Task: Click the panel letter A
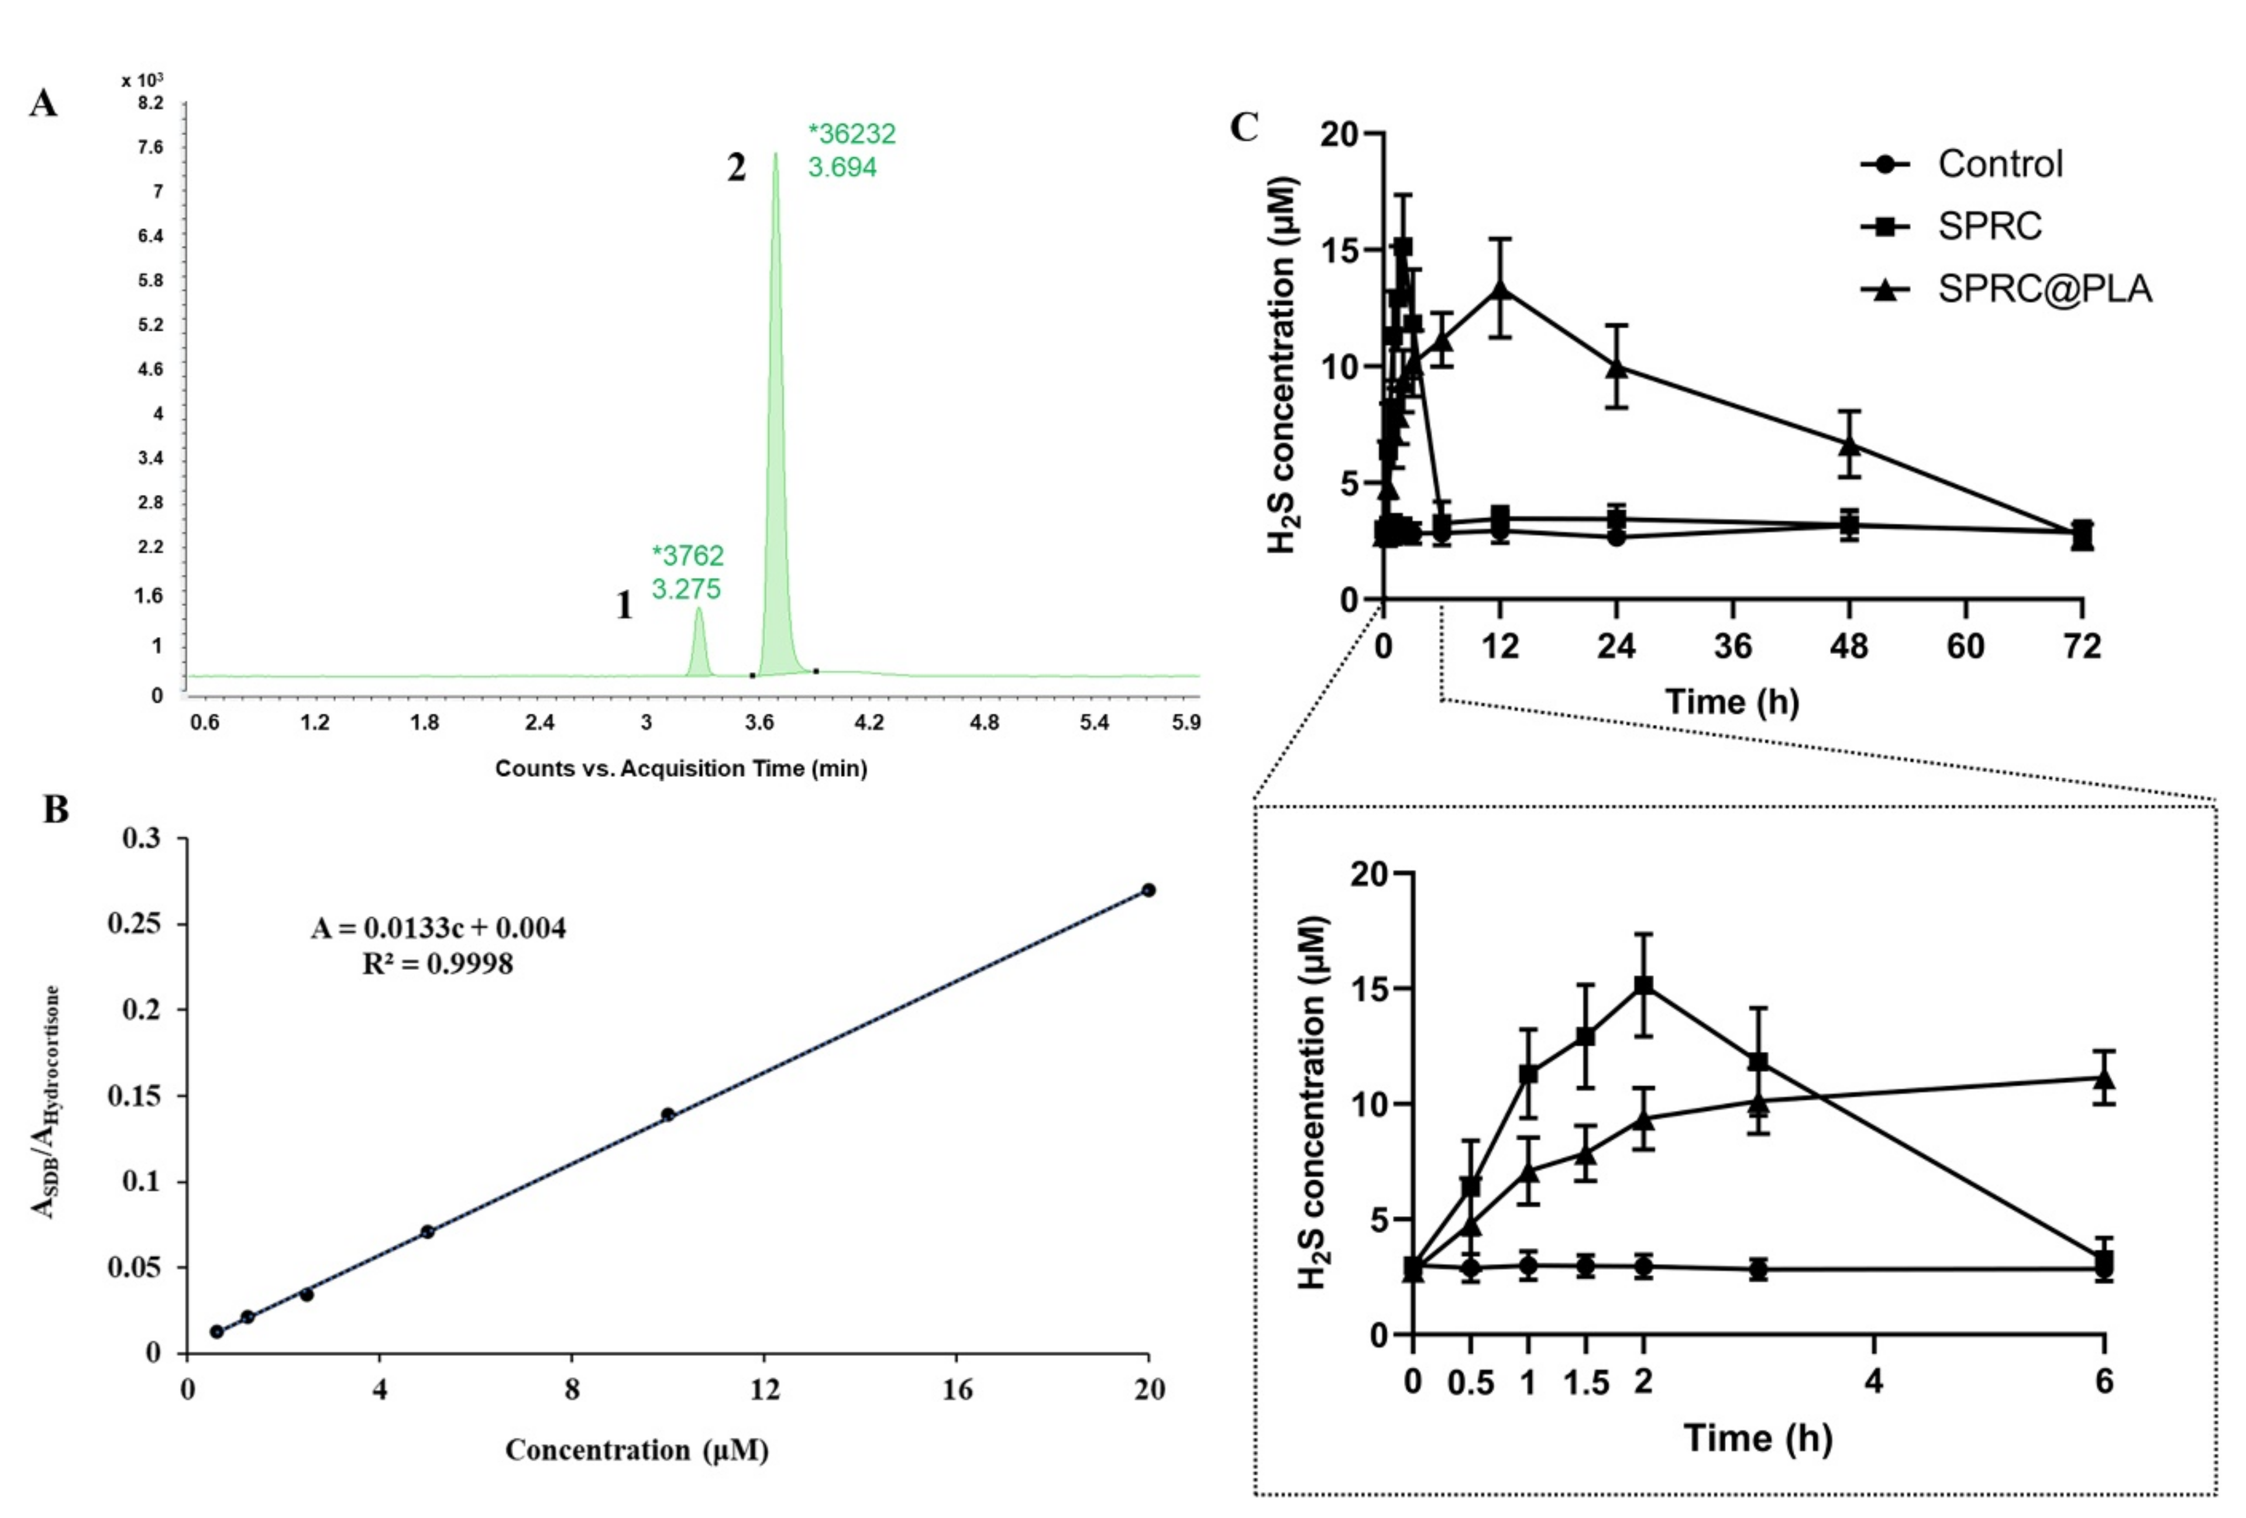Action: point(43,102)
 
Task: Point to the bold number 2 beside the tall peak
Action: point(737,168)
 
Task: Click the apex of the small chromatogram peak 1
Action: point(698,610)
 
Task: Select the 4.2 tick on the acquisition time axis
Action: point(870,722)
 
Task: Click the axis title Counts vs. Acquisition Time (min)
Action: point(680,768)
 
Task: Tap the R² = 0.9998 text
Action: point(437,963)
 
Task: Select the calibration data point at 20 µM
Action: point(1148,890)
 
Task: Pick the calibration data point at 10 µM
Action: point(667,1114)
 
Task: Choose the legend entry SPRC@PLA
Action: point(2044,288)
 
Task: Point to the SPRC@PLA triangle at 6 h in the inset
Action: point(2104,1078)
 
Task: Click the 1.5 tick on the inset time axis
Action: point(1585,1383)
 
